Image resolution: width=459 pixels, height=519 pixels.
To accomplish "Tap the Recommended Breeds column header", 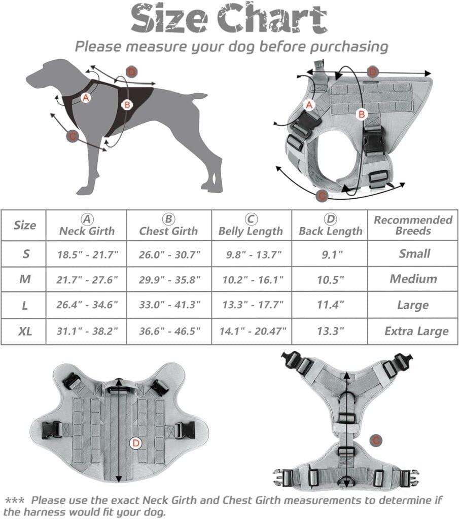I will (x=413, y=226).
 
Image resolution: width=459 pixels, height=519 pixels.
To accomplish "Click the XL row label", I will (x=25, y=331).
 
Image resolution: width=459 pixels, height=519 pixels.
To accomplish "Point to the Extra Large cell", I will (x=416, y=331).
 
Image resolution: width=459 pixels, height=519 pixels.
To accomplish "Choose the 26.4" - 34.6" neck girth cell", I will (x=87, y=305).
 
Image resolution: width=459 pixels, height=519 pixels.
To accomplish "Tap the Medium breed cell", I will (x=413, y=279).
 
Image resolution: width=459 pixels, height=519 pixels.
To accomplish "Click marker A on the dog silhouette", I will (x=86, y=98).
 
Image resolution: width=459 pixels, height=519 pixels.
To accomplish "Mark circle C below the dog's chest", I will (x=73, y=136).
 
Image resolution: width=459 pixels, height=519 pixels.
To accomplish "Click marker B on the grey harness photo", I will (x=361, y=115).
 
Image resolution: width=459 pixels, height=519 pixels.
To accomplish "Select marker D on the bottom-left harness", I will (x=135, y=443).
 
